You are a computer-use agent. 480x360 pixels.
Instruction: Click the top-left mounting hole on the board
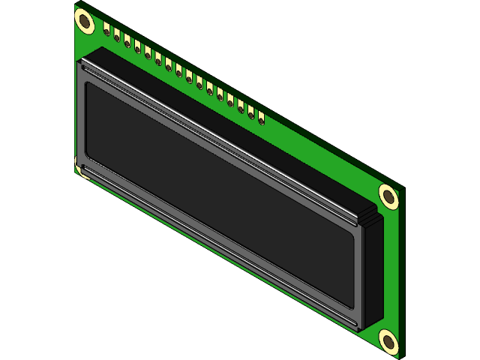coord(85,22)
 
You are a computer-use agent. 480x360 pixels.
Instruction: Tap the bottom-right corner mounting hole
coord(388,340)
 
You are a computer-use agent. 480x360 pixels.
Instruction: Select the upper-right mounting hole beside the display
coord(388,196)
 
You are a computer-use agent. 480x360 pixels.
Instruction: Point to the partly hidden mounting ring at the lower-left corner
coord(78,166)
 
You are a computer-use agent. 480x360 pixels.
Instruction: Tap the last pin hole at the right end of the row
coord(261,118)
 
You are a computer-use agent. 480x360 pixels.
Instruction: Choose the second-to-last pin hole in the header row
coord(250,112)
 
